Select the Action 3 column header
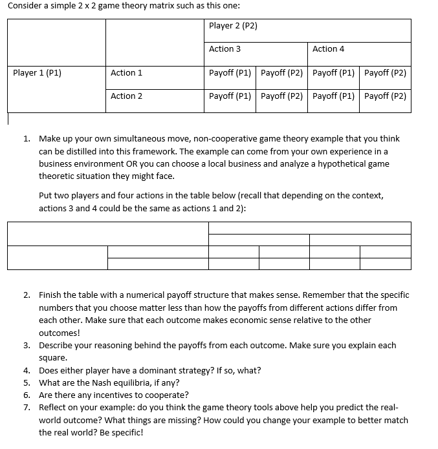tap(225, 49)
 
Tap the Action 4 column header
tap(328, 49)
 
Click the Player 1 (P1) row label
tap(37, 73)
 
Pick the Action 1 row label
tap(126, 73)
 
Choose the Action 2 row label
tap(126, 96)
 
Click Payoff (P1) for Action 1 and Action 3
tap(230, 73)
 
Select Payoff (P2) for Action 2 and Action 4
tap(385, 96)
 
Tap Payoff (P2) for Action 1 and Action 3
tap(281, 73)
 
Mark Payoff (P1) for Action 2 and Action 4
tap(333, 96)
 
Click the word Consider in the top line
tap(24, 6)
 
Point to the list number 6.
tap(27, 395)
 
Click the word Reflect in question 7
tap(52, 408)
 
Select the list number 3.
tap(27, 346)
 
